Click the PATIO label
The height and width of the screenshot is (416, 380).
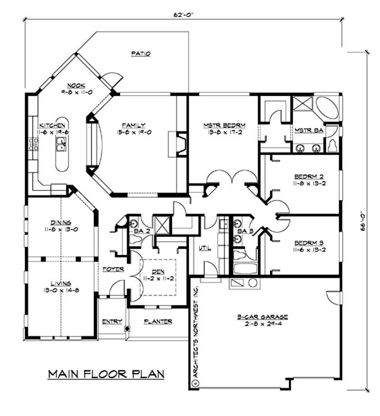click(x=141, y=54)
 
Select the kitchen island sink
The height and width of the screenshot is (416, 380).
click(x=61, y=143)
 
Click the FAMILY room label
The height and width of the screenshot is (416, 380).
click(x=135, y=126)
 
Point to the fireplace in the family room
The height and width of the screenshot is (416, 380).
click(x=180, y=143)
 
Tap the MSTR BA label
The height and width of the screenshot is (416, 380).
click(x=306, y=130)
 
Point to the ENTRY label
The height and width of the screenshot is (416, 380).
click(x=113, y=321)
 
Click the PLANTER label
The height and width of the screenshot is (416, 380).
click(x=158, y=321)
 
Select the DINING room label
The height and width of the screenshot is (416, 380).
click(x=61, y=222)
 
